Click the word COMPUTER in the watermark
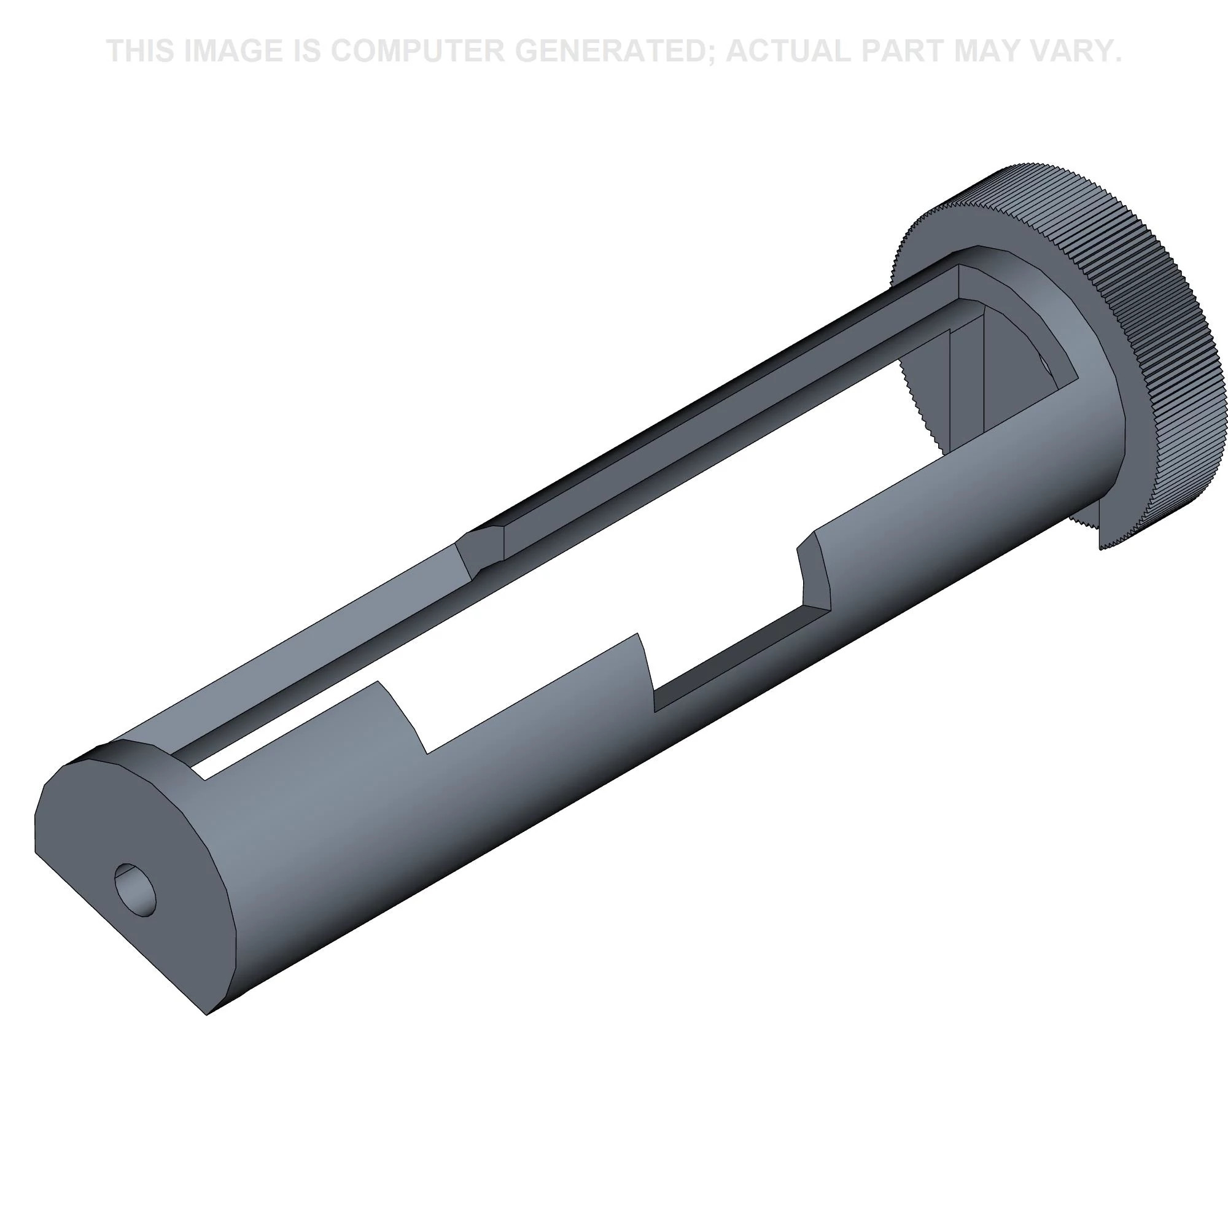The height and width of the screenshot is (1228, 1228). (417, 51)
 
